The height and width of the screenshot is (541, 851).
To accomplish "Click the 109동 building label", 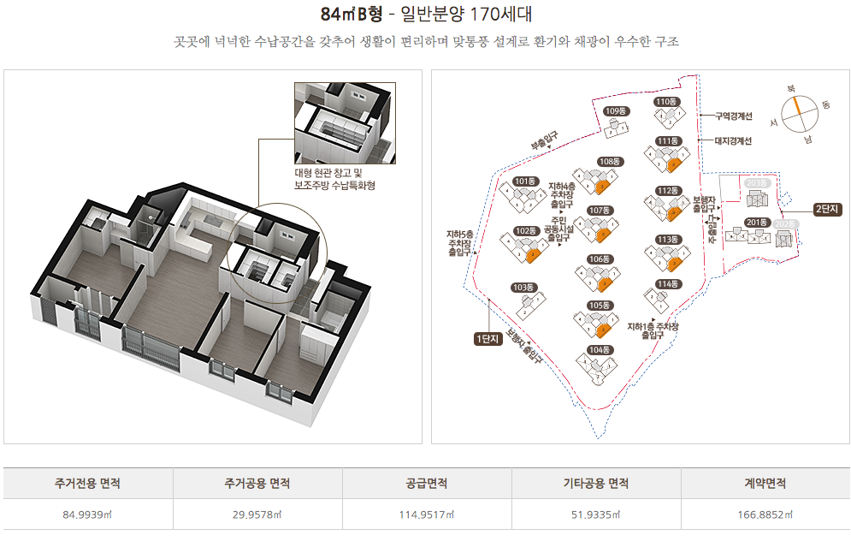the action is (616, 111).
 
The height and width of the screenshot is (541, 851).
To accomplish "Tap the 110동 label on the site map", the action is (666, 102).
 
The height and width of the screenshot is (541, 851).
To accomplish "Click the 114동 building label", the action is (667, 284).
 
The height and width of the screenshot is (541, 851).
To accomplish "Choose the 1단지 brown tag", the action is (487, 339).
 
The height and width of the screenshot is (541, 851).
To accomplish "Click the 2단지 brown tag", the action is (827, 209).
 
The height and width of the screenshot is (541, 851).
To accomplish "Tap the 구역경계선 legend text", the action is (733, 116).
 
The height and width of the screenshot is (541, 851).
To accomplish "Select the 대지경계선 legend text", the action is (733, 141).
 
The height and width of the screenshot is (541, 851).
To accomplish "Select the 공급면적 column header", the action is (427, 484).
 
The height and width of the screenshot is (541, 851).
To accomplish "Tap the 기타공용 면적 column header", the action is (596, 484).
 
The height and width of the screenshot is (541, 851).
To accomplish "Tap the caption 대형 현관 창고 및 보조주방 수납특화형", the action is (334, 179).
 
